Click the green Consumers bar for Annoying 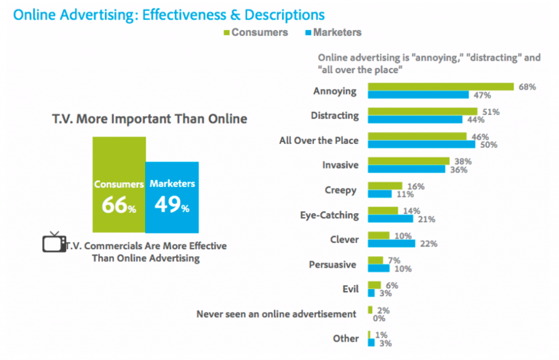[x=441, y=86]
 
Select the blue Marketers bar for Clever [x=391, y=243]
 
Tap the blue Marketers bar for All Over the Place [x=421, y=145]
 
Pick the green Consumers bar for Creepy [x=385, y=186]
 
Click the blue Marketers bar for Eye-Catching [x=390, y=219]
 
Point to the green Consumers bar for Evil [x=374, y=285]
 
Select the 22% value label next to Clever [x=429, y=244]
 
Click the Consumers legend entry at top [x=254, y=32]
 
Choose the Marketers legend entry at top [x=332, y=32]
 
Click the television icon [x=54, y=242]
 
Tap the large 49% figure [x=171, y=206]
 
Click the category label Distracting [x=335, y=116]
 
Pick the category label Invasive [x=341, y=165]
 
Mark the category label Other [x=346, y=339]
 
